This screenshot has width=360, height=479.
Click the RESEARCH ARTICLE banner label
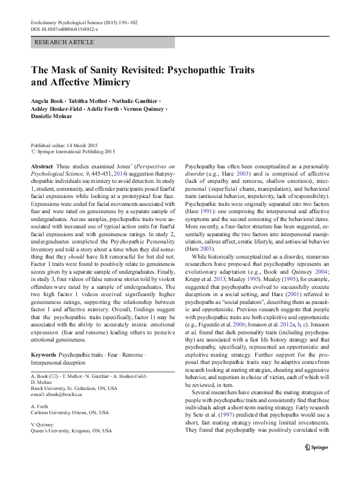65,42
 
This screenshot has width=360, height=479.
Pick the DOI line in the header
66,29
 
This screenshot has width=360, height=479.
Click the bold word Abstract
41,165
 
